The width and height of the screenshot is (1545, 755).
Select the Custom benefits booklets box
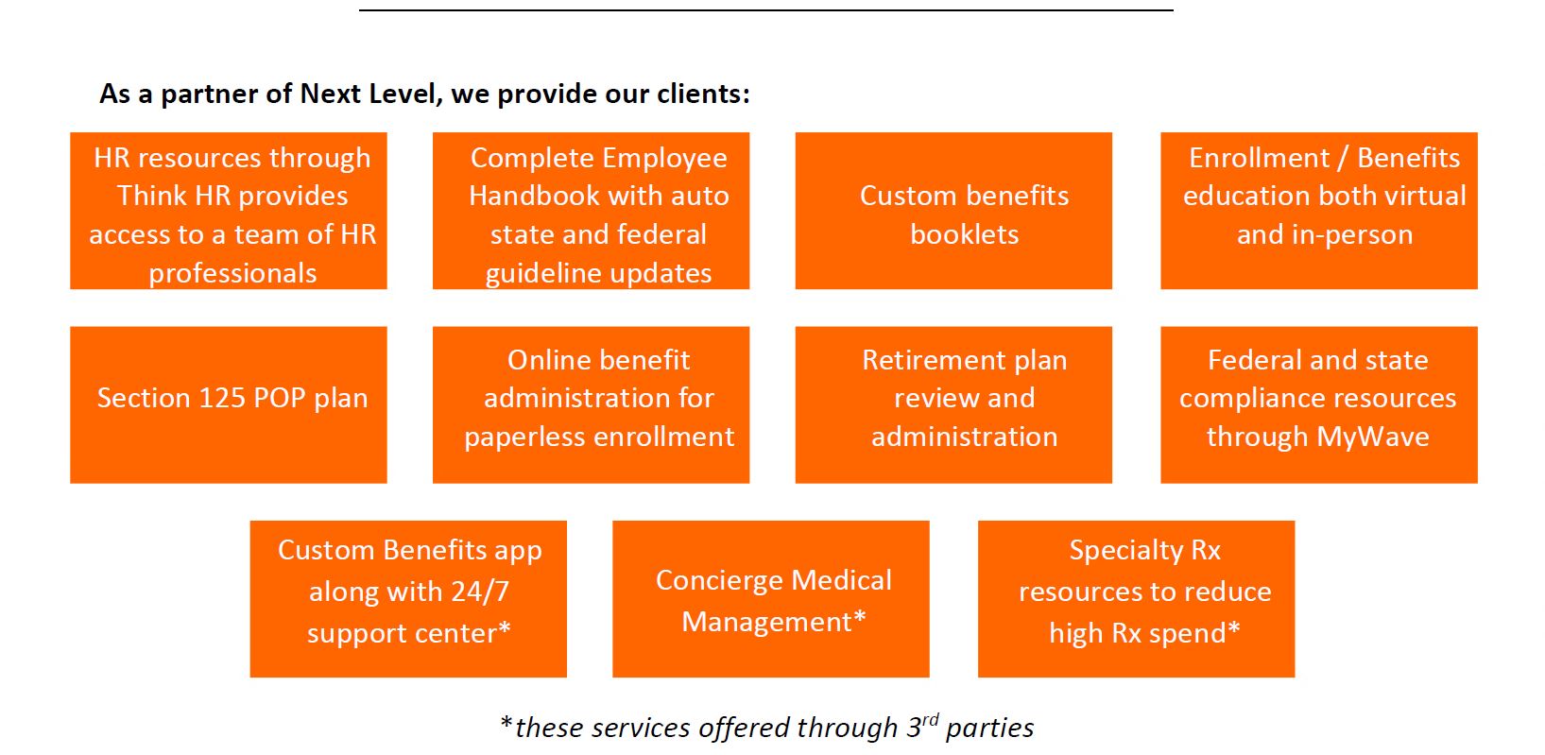(953, 211)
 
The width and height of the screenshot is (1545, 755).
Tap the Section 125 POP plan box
(229, 404)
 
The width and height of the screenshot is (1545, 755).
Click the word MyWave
(1373, 438)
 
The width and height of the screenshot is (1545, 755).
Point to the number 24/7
(478, 592)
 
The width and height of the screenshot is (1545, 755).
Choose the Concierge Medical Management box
(771, 598)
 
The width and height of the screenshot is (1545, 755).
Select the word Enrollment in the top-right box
(1259, 158)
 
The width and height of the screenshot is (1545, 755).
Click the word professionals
(232, 274)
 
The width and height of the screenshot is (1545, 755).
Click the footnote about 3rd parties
(767, 728)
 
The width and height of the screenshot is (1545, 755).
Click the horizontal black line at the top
(765, 10)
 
